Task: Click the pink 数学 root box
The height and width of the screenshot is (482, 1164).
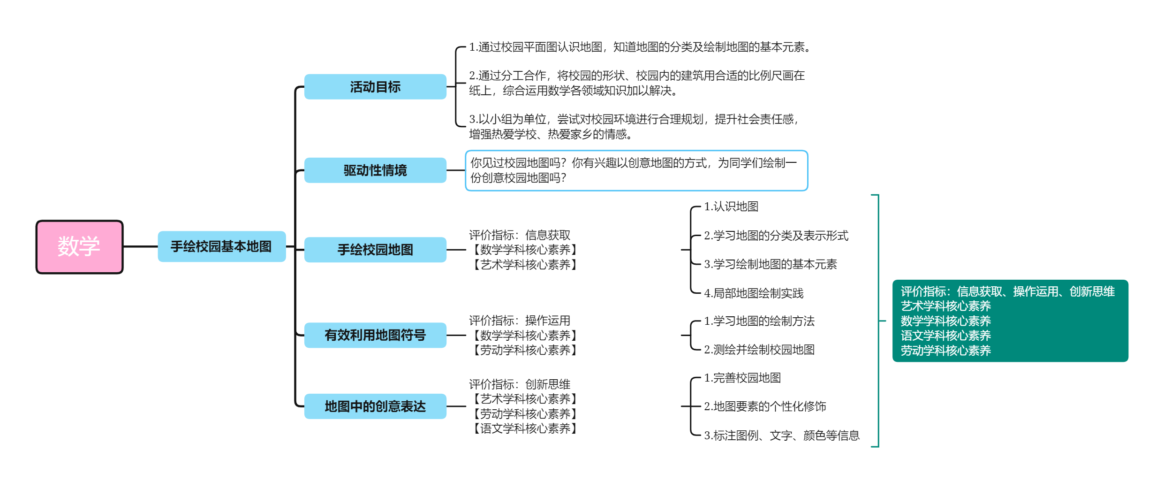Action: pyautogui.click(x=79, y=247)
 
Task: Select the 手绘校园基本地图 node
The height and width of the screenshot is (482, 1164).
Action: pyautogui.click(x=222, y=246)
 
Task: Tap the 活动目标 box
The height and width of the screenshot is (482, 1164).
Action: pyautogui.click(x=375, y=87)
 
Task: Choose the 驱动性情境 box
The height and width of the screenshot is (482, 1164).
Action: pyautogui.click(x=375, y=170)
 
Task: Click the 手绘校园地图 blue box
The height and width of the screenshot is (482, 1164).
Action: pyautogui.click(x=375, y=250)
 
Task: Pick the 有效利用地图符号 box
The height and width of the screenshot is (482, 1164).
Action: pyautogui.click(x=375, y=335)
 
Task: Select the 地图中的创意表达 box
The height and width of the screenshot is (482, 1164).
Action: pyautogui.click(x=375, y=406)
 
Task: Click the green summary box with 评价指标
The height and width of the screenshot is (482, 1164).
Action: pyautogui.click(x=1010, y=321)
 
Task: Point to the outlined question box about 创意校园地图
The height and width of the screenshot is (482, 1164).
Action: pyautogui.click(x=636, y=170)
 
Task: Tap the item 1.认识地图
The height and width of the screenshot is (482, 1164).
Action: pyautogui.click(x=731, y=207)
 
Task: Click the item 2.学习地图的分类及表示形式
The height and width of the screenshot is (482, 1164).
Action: pyautogui.click(x=776, y=236)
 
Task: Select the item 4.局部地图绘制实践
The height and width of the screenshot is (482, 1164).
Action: pyautogui.click(x=754, y=293)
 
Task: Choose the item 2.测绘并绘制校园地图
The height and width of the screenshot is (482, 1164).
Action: pyautogui.click(x=759, y=350)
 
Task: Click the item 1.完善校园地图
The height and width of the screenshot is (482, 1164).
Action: pyautogui.click(x=742, y=378)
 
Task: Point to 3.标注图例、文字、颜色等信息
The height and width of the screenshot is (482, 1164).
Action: pyautogui.click(x=782, y=436)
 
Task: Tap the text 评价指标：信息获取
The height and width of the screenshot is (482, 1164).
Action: pyautogui.click(x=520, y=235)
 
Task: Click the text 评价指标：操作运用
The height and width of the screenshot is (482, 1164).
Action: pyautogui.click(x=520, y=321)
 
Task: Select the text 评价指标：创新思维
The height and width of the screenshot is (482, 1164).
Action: pyautogui.click(x=520, y=384)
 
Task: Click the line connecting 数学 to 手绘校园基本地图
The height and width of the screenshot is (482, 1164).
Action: pyautogui.click(x=141, y=246)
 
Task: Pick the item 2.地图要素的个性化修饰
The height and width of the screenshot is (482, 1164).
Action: pyautogui.click(x=765, y=406)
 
